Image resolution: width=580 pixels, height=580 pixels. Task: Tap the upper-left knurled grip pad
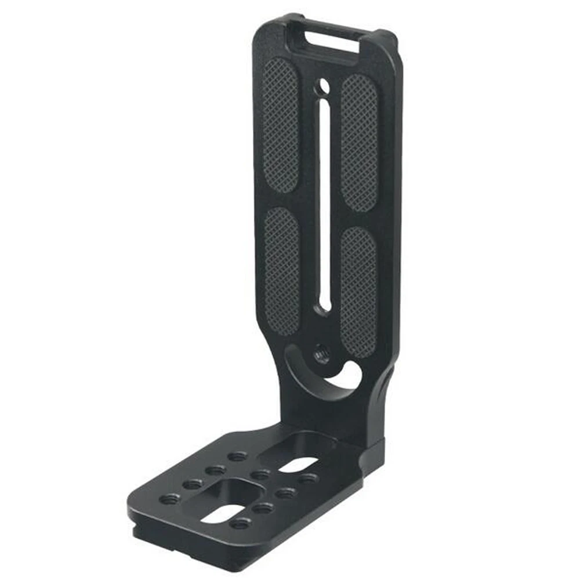tap(281, 125)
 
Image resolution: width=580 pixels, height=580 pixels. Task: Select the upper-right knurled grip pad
tap(359, 142)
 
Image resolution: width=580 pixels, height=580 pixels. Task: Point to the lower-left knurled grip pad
tap(282, 270)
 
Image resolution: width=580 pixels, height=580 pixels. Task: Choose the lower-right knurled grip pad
tap(358, 290)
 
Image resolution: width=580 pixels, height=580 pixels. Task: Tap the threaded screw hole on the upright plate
tap(321, 354)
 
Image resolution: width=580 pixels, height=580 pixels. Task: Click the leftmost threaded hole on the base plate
tap(171, 498)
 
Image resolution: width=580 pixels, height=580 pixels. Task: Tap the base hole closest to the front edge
tap(240, 524)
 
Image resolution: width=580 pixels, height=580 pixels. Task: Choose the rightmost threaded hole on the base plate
tap(308, 478)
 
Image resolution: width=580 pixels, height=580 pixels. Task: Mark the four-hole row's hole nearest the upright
tap(237, 456)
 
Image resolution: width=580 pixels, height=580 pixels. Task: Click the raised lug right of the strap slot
tap(387, 39)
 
